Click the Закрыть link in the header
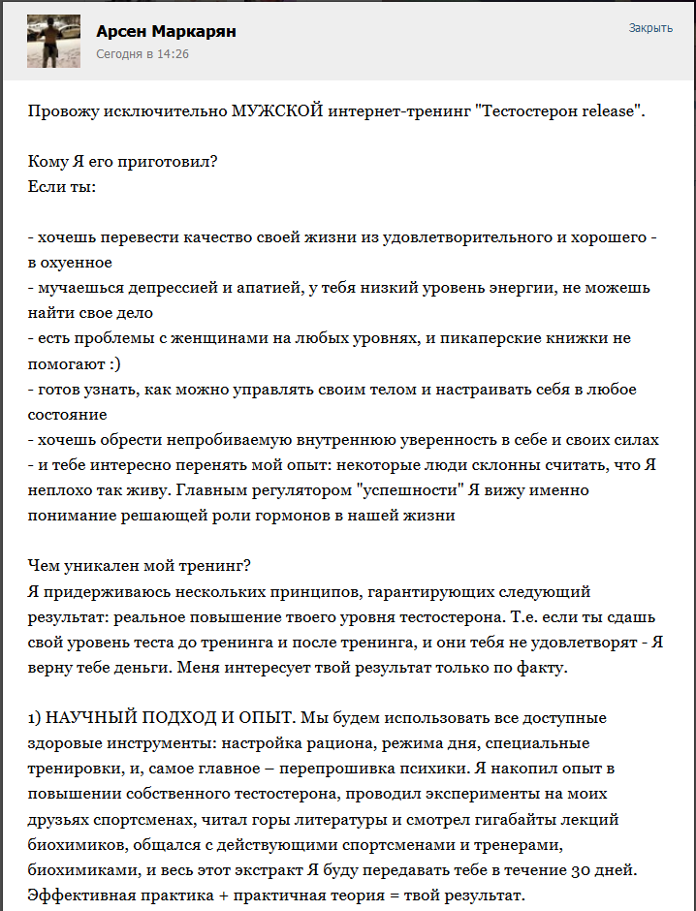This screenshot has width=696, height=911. coord(650,28)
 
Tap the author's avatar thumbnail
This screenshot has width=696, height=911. coord(53,41)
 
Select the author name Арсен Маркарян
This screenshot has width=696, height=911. coord(166,32)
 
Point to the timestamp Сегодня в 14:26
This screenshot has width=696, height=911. coord(142,54)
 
